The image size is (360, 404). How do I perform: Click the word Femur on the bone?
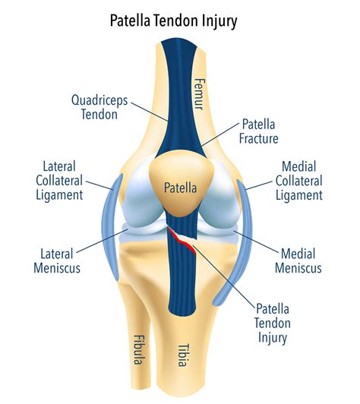[200, 91]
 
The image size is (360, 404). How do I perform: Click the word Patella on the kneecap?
[180, 186]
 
